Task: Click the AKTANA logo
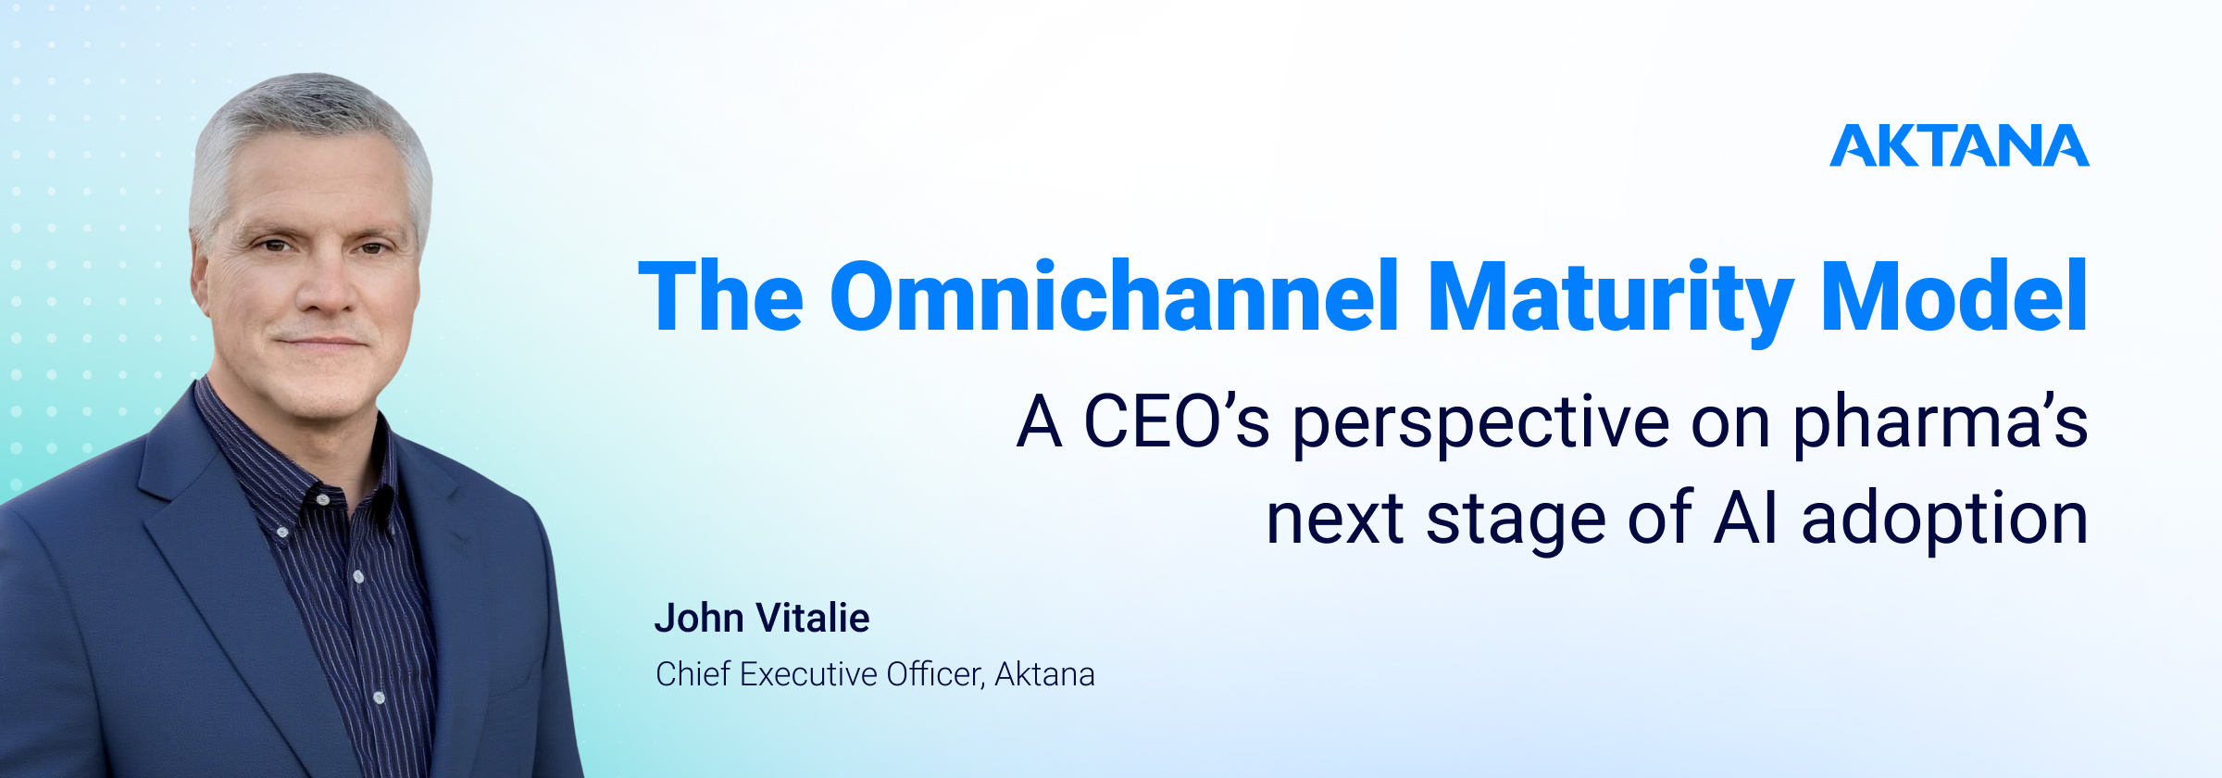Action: (x=1959, y=146)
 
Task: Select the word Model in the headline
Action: (x=1954, y=296)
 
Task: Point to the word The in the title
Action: (x=721, y=296)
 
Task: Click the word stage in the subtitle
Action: (x=1517, y=521)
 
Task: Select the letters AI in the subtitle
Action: (x=1746, y=519)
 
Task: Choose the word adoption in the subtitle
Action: (x=1944, y=521)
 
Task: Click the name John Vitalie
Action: (x=762, y=618)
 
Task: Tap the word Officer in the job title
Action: (x=935, y=675)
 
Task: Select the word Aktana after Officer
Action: (x=1044, y=674)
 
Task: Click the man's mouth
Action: (x=321, y=342)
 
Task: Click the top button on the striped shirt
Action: (x=322, y=500)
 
